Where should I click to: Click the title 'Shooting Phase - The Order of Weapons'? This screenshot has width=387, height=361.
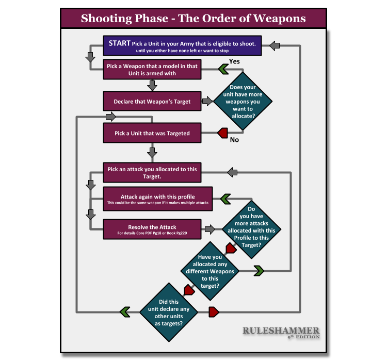(x=193, y=19)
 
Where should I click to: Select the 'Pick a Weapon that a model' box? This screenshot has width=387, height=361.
(x=152, y=70)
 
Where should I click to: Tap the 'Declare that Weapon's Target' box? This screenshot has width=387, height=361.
(x=152, y=102)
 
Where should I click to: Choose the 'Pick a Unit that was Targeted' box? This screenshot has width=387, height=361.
(x=152, y=133)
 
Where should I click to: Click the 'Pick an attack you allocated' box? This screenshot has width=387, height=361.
(x=152, y=172)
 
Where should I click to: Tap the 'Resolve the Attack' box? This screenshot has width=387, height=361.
(x=152, y=229)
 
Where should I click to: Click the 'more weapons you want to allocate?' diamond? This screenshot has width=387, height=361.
(x=243, y=102)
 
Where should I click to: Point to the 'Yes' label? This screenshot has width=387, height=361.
(x=234, y=61)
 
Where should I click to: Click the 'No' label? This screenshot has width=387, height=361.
(x=234, y=139)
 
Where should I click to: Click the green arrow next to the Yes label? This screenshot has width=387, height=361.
(x=223, y=68)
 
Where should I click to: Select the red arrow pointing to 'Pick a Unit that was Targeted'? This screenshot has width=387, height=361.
(x=222, y=133)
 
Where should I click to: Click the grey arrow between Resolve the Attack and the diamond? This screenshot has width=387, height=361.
(x=209, y=229)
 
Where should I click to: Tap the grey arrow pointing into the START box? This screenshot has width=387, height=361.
(x=275, y=46)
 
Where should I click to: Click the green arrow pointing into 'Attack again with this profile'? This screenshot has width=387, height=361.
(x=225, y=199)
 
